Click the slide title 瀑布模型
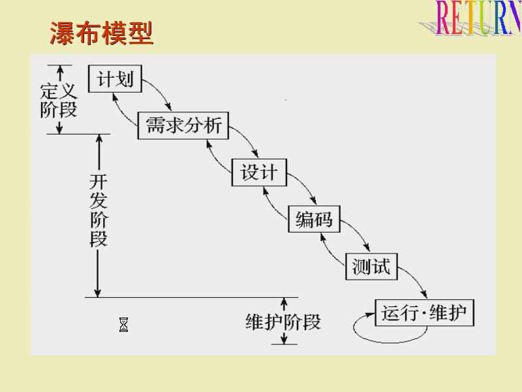click(101, 33)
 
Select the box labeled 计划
click(115, 79)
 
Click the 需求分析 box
click(183, 125)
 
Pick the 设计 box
click(258, 172)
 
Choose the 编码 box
click(314, 220)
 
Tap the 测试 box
click(371, 266)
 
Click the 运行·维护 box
click(424, 313)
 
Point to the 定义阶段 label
click(59, 99)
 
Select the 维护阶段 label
click(283, 321)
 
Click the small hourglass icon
click(123, 325)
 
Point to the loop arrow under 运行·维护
click(390, 333)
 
